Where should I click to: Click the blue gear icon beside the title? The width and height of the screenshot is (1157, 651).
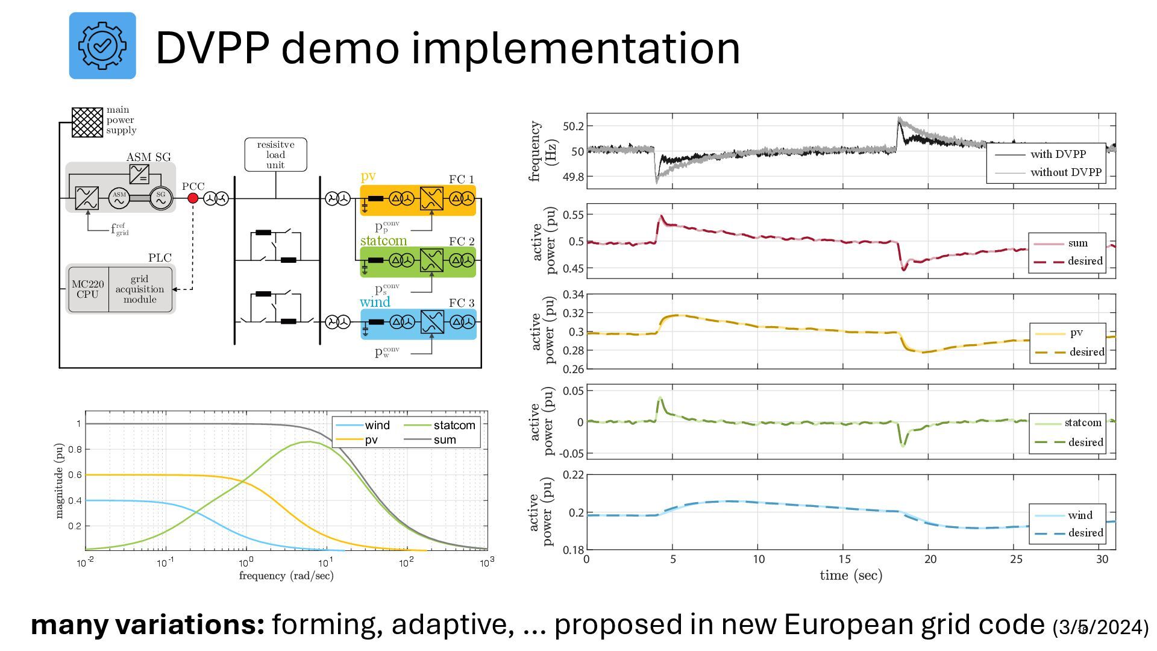click(x=102, y=46)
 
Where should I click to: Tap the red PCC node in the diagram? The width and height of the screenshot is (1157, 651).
click(x=193, y=198)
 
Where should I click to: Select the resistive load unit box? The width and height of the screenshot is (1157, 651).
click(x=275, y=155)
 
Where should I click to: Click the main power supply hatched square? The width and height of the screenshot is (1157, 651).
click(x=87, y=122)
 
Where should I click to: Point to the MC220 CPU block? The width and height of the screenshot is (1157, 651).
click(x=88, y=289)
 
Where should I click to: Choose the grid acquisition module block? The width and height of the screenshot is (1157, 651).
click(x=140, y=289)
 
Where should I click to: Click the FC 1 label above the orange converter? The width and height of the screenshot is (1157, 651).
click(x=461, y=179)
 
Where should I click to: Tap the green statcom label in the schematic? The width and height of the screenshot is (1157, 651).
click(x=383, y=241)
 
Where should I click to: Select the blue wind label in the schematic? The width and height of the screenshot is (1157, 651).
click(x=375, y=302)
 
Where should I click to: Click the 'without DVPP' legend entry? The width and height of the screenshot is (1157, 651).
click(x=1065, y=172)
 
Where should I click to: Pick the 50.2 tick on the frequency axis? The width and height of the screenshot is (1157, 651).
click(x=573, y=126)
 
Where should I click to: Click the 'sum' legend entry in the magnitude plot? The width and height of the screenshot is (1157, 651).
click(x=445, y=439)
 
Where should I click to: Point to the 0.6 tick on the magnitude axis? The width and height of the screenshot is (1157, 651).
click(x=75, y=475)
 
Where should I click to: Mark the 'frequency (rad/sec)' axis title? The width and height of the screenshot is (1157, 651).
click(x=286, y=576)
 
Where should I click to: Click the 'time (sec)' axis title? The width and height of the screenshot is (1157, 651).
click(x=851, y=576)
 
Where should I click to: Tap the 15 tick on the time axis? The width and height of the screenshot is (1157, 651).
click(x=845, y=559)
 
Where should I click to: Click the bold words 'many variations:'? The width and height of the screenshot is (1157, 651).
click(x=148, y=625)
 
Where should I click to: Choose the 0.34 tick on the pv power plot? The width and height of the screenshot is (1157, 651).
click(x=573, y=295)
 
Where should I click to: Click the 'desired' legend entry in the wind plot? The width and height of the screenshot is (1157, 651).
click(x=1085, y=533)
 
